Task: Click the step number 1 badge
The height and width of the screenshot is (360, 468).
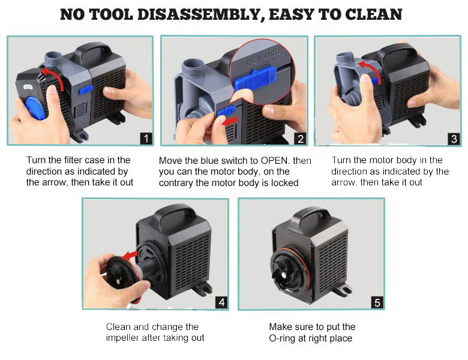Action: pyautogui.click(x=145, y=139)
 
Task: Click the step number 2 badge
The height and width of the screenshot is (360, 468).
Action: pyautogui.click(x=301, y=139)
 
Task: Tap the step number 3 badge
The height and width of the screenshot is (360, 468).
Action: pyautogui.click(x=454, y=139)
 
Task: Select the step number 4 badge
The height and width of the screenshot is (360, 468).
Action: pyautogui.click(x=221, y=302)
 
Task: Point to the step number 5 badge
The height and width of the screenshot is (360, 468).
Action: pyautogui.click(x=377, y=302)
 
